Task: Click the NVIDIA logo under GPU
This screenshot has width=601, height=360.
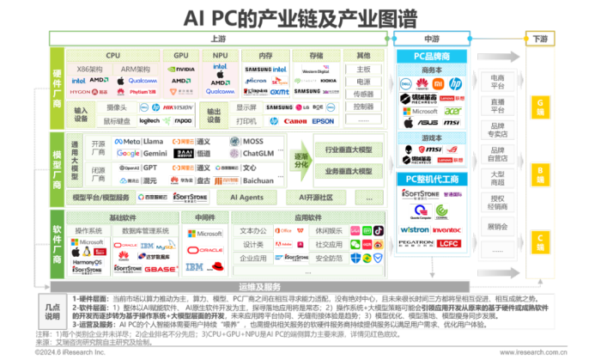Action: pos(180,68)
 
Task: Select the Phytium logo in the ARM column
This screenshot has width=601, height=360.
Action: pos(144,90)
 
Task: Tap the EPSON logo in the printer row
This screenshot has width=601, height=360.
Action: pos(323,122)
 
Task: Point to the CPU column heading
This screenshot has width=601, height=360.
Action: pos(112,55)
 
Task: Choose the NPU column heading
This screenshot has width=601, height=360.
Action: pos(220,55)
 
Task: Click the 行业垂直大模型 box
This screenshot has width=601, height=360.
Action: pos(348,149)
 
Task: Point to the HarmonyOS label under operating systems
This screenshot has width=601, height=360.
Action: pos(87,261)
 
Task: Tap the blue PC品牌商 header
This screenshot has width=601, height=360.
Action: pos(433,56)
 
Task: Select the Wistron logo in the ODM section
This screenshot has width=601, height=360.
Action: pos(415,229)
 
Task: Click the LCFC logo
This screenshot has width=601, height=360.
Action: pos(449,244)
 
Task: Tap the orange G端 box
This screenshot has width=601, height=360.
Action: pos(540,105)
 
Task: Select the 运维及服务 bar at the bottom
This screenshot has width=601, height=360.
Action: pos(259,286)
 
